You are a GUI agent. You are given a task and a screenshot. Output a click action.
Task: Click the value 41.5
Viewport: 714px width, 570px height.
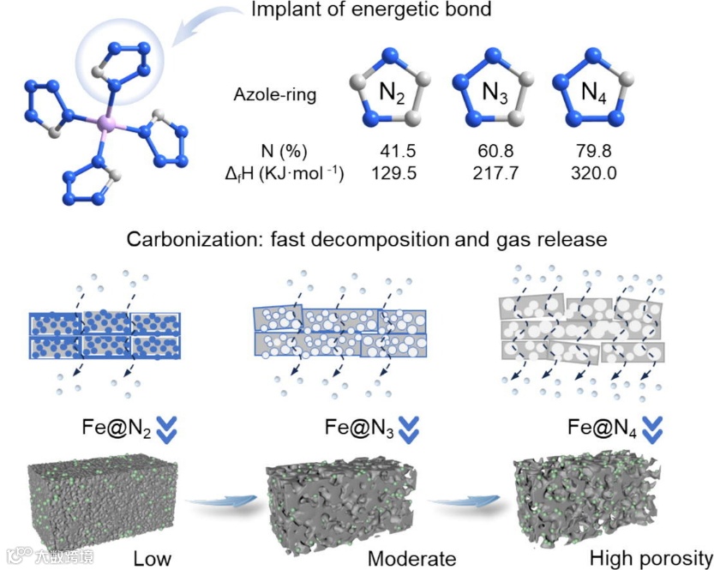[x=390, y=150]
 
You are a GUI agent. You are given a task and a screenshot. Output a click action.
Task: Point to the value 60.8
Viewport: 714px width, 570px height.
[x=495, y=150]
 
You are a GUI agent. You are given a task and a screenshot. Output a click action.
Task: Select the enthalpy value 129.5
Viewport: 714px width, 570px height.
[x=390, y=173]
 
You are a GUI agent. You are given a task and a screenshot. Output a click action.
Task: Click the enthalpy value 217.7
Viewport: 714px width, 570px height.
[x=495, y=173]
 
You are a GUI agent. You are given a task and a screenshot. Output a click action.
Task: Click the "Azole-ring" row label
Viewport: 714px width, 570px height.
[x=275, y=94]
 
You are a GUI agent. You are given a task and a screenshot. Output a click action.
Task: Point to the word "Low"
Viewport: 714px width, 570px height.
[x=152, y=559]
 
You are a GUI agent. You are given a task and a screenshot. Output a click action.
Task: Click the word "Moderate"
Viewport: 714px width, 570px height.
[x=411, y=559]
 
